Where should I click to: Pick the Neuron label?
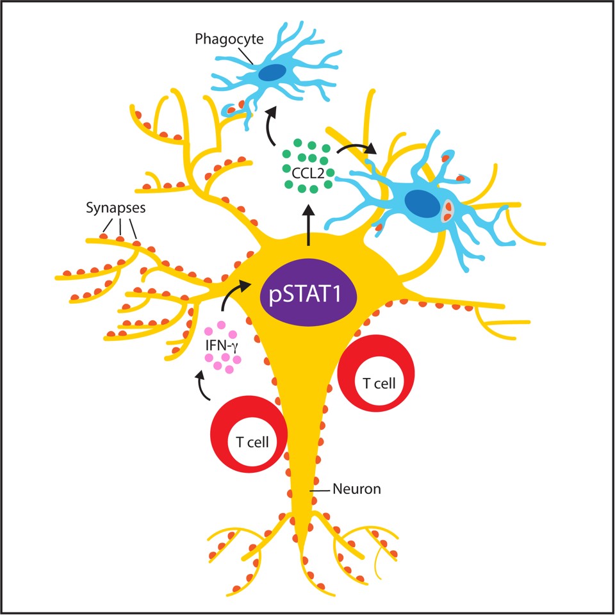pyautogui.click(x=357, y=489)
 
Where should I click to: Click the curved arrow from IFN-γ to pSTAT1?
pyautogui.click(x=232, y=295)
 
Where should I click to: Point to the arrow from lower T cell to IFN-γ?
pyautogui.click(x=201, y=388)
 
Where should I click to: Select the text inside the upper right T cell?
pyautogui.click(x=379, y=384)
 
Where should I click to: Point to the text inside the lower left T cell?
pyautogui.click(x=252, y=441)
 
